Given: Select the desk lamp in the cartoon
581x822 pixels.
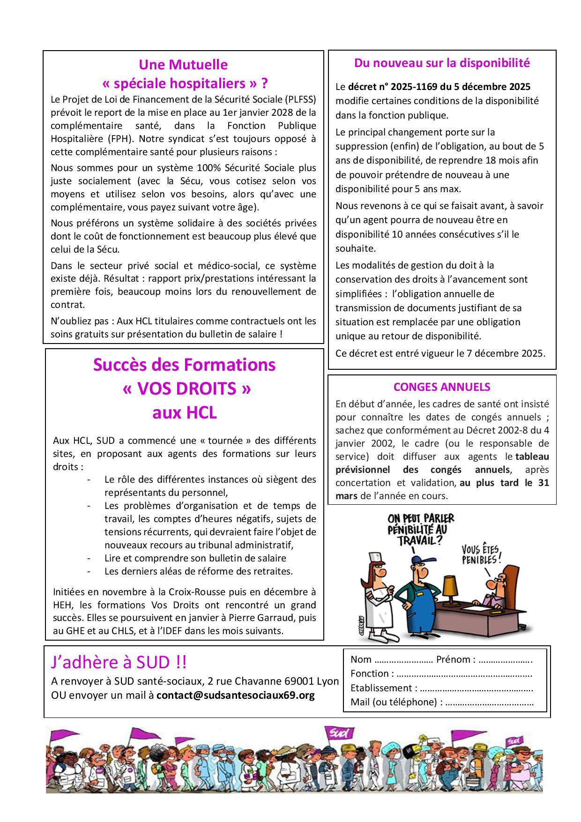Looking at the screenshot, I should (452, 586).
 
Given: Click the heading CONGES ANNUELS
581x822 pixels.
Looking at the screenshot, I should (442, 387).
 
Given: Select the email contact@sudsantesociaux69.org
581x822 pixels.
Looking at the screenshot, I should (236, 695).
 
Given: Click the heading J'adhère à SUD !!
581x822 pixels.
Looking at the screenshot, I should (119, 662).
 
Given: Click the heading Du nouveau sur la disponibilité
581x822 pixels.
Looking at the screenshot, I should (442, 63).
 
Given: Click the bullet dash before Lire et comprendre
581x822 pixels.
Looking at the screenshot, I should (89, 558).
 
